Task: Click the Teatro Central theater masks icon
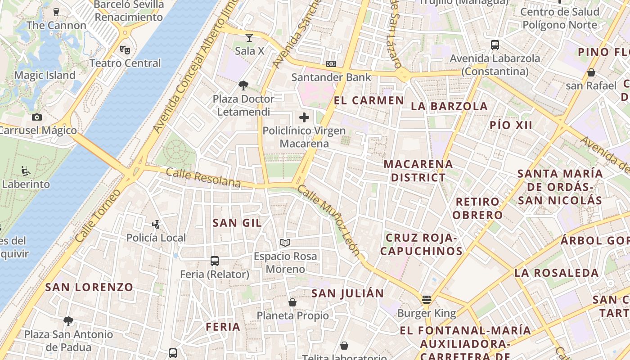pyautogui.click(x=125, y=49)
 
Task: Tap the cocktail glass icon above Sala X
pyautogui.click(x=249, y=38)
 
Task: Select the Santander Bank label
pyautogui.click(x=331, y=77)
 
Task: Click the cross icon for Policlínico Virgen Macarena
pyautogui.click(x=304, y=118)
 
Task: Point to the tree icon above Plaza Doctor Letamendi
pyautogui.click(x=243, y=85)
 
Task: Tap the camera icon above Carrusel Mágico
pyautogui.click(x=37, y=117)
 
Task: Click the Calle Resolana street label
pyautogui.click(x=203, y=177)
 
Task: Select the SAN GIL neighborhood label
pyautogui.click(x=237, y=223)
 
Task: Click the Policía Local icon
pyautogui.click(x=156, y=224)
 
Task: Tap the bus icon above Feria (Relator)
pyautogui.click(x=215, y=261)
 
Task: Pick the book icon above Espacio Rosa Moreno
pyautogui.click(x=285, y=243)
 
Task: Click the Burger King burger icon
pyautogui.click(x=427, y=300)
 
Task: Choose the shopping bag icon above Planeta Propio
pyautogui.click(x=292, y=302)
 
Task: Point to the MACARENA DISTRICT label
pyautogui.click(x=418, y=171)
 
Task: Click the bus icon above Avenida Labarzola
pyautogui.click(x=495, y=45)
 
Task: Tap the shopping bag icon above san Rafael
pyautogui.click(x=591, y=72)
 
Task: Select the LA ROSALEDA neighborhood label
pyautogui.click(x=557, y=273)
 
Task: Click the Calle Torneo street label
pyautogui.click(x=98, y=216)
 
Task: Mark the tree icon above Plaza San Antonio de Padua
pyautogui.click(x=68, y=321)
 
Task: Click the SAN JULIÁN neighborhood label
pyautogui.click(x=348, y=294)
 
